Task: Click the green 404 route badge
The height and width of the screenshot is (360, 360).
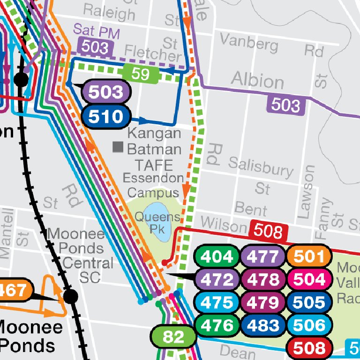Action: pyautogui.click(x=216, y=256)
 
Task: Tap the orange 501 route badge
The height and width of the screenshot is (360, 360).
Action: pyautogui.click(x=309, y=256)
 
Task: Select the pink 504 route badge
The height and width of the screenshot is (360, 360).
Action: pyautogui.click(x=309, y=279)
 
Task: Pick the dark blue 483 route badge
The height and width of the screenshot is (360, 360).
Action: pyautogui.click(x=262, y=325)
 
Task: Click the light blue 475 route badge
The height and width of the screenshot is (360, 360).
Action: pyautogui.click(x=216, y=302)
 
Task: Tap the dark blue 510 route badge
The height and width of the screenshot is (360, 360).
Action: pyautogui.click(x=105, y=116)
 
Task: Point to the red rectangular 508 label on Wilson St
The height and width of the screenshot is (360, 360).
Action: pyautogui.click(x=268, y=231)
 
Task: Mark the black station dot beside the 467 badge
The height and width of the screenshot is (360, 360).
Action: pyautogui.click(x=70, y=296)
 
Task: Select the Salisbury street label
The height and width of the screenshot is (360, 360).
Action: pyautogui.click(x=260, y=166)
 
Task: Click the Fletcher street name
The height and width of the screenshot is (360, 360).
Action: pyautogui.click(x=153, y=53)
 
